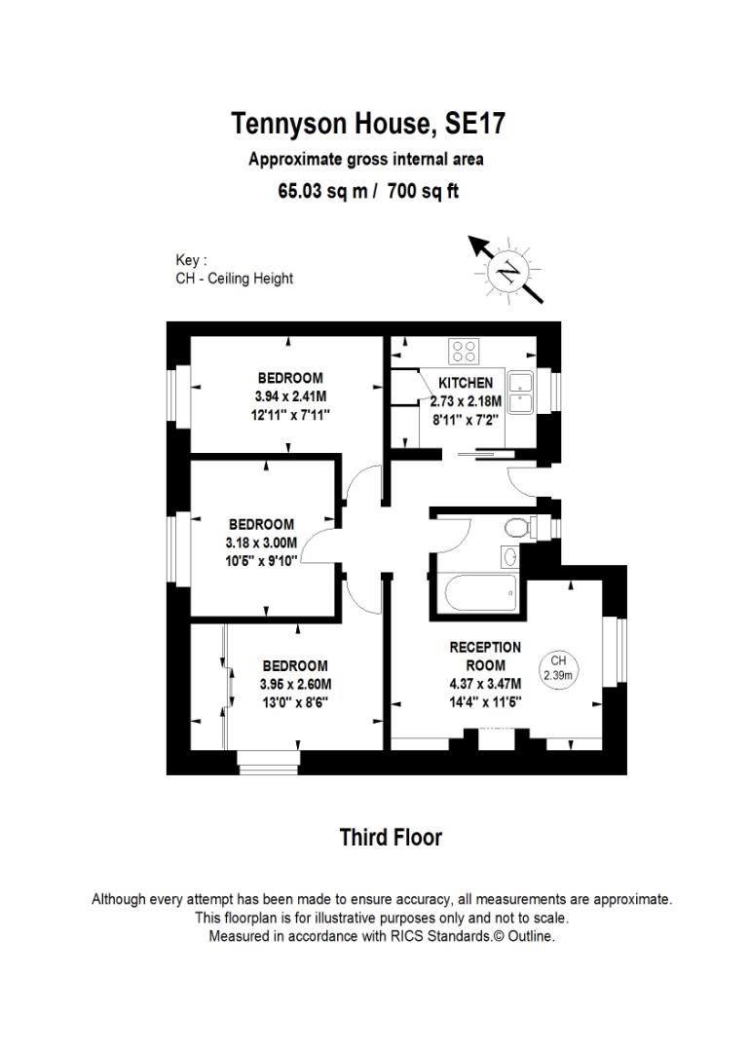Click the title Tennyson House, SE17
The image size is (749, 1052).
pos(368,125)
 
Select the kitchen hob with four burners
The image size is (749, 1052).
pos(463,350)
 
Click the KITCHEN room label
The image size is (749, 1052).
pos(465,383)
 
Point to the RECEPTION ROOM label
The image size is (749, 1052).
pos(484,656)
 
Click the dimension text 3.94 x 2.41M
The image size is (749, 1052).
pos(289,396)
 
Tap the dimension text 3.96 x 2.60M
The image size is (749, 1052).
pos(294,684)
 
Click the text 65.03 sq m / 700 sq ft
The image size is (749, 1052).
pos(368,191)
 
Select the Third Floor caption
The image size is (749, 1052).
pos(390,837)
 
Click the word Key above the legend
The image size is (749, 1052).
pos(190,260)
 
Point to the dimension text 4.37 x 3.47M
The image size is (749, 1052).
pos(484,683)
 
